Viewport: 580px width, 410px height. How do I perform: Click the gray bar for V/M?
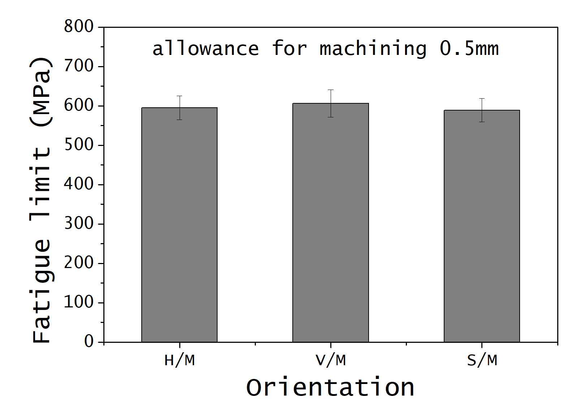pos(330,223)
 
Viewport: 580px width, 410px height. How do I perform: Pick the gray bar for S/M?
pos(481,226)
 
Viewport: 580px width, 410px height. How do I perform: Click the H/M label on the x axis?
pos(179,361)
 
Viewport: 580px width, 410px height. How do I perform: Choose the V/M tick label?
pos(330,361)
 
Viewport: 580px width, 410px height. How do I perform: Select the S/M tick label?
pos(482,361)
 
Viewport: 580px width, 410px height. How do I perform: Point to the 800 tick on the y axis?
pos(79,27)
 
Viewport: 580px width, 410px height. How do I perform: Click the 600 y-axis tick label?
pos(79,105)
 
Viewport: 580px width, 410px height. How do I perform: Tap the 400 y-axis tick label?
pos(79,184)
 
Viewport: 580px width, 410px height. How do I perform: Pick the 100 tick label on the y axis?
pos(79,302)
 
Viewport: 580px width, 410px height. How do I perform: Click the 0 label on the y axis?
pos(89,341)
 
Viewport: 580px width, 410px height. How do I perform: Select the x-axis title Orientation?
pos(330,388)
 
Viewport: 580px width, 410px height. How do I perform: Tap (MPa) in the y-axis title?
pos(42,92)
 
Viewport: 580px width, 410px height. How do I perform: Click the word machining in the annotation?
pos(373,49)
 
